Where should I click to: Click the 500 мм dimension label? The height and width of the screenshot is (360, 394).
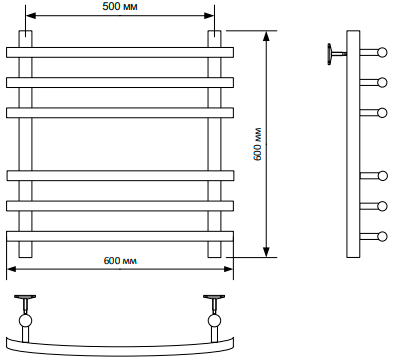[x=120, y=6]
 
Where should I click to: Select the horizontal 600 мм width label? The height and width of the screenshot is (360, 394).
[x=120, y=260]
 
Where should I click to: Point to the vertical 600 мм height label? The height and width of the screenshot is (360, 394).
[x=257, y=144]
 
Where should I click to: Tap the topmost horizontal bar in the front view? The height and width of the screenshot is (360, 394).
[x=120, y=53]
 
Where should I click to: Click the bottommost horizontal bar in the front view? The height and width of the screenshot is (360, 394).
[x=120, y=236]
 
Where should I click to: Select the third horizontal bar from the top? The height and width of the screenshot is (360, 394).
[x=120, y=113]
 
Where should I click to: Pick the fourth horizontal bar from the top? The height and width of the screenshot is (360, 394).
[x=120, y=176]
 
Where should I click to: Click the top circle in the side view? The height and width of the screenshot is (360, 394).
[x=382, y=53]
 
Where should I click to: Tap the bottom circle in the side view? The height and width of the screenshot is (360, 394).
[x=382, y=236]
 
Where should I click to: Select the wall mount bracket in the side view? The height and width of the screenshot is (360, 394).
[x=337, y=54]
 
